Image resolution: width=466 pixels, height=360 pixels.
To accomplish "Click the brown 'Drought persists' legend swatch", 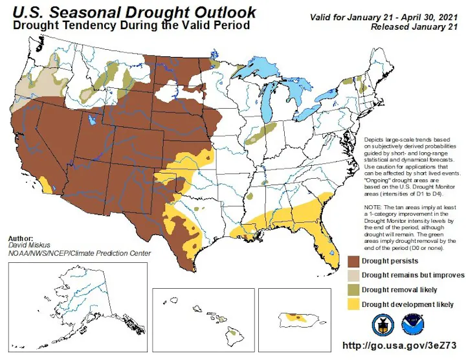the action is (x=353, y=262).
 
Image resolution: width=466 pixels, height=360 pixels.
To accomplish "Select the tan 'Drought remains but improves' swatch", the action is (x=353, y=276).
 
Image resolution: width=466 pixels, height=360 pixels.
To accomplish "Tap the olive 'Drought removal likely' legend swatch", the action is (x=353, y=290).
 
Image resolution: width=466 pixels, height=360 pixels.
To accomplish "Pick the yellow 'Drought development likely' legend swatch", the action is (x=353, y=304).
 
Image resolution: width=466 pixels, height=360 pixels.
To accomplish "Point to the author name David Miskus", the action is (x=29, y=245).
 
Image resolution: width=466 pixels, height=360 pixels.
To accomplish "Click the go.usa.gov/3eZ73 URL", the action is (x=399, y=346).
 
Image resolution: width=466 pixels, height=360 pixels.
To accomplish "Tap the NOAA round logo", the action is (x=413, y=325).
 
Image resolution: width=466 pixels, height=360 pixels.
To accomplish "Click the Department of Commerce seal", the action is (x=383, y=325).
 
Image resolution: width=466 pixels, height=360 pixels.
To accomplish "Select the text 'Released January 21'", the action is (x=414, y=27).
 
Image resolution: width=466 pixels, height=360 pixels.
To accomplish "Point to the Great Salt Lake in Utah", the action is (x=91, y=120).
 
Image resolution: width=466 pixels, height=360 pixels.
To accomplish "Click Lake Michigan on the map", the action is (x=269, y=102).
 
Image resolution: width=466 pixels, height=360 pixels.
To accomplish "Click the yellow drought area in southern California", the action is (x=45, y=185).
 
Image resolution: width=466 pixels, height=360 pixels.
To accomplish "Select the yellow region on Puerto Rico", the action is (x=296, y=318).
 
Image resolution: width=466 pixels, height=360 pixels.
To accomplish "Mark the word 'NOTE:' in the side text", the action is (x=372, y=207).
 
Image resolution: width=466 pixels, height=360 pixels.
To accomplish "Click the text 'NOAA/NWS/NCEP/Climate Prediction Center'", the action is (x=80, y=254).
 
